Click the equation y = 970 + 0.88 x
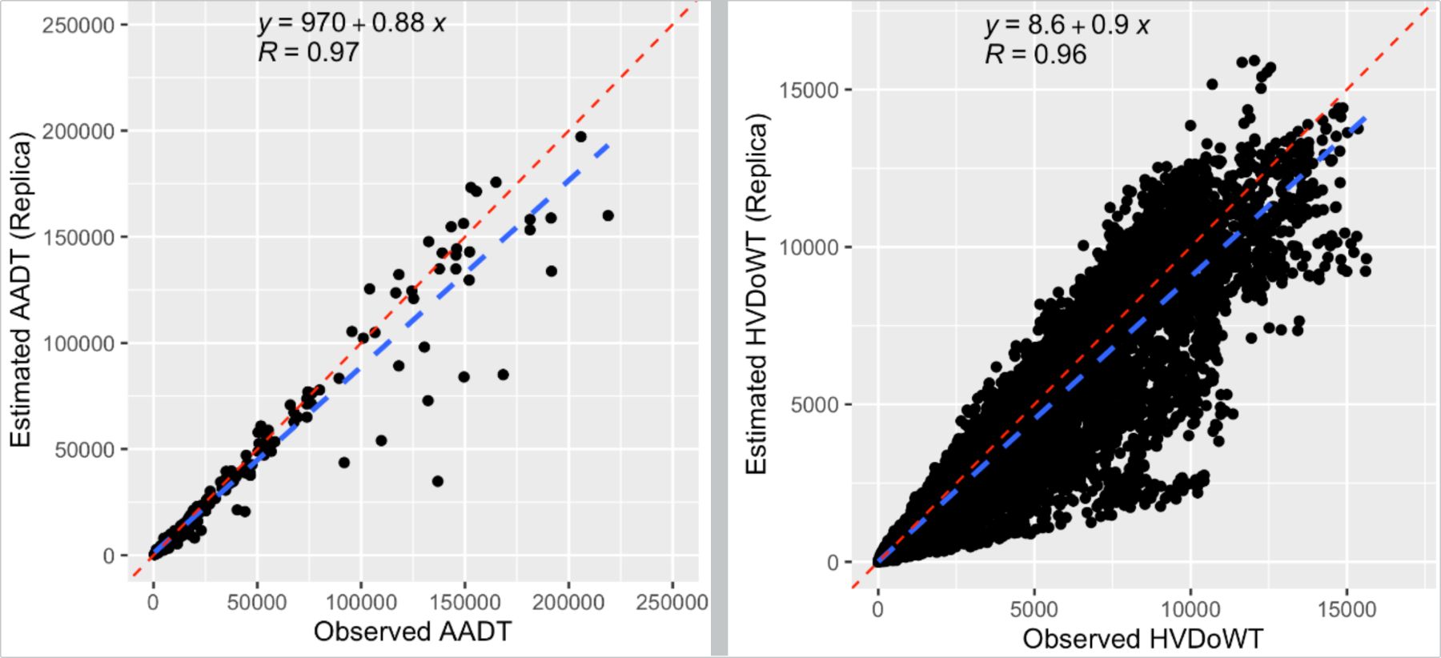pos(351,23)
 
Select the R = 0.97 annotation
pos(308,53)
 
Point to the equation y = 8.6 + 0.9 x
pos(1067,26)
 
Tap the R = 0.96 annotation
pos(1036,54)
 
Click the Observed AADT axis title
pos(412,632)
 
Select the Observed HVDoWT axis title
pos(1142,639)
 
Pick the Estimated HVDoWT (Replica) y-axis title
pos(757,293)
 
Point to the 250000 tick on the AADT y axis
pos(78,26)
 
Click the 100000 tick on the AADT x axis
pos(361,602)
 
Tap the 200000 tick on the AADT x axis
pos(568,602)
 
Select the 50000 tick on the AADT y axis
pos(85,450)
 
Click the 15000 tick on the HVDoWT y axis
pos(809,90)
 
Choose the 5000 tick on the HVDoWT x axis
pos(1034,609)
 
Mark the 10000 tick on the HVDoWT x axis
pos(1190,609)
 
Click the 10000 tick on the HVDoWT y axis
pos(809,247)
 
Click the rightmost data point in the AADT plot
pos(608,215)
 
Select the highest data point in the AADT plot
pos(581,137)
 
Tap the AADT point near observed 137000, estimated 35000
pos(437,481)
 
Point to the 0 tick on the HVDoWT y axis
pos(833,563)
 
